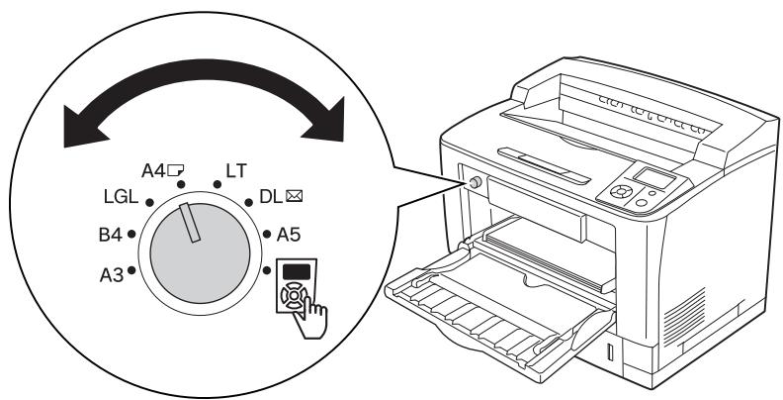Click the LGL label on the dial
click(x=121, y=197)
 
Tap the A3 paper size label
click(x=112, y=275)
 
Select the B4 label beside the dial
click(x=111, y=235)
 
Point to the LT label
click(x=236, y=171)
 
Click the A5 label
click(x=289, y=234)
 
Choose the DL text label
click(x=271, y=196)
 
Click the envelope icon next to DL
click(x=295, y=196)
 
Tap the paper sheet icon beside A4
click(x=175, y=171)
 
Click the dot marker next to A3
click(x=131, y=270)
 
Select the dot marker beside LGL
click(x=149, y=203)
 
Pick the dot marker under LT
click(x=217, y=184)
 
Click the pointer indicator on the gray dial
click(x=190, y=223)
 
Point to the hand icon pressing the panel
click(x=310, y=318)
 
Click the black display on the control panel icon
click(x=297, y=272)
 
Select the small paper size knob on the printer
click(x=476, y=182)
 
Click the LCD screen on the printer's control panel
click(x=653, y=178)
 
